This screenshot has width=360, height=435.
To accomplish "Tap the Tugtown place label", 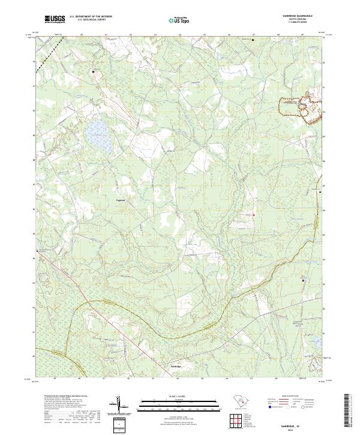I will (x=121, y=202).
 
